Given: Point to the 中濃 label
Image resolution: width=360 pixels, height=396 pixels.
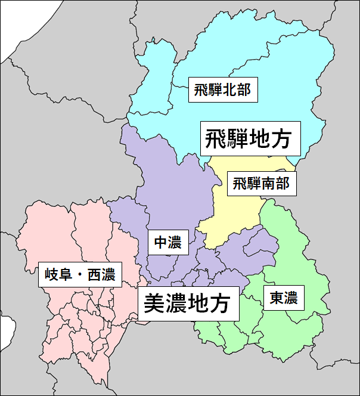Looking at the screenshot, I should tap(167, 243).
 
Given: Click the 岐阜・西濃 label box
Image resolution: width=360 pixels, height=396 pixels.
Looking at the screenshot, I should tap(80, 275).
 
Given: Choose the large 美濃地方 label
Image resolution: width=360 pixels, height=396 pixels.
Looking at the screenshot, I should tap(188, 304).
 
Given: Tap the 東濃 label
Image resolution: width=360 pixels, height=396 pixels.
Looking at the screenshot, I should tap(283, 297).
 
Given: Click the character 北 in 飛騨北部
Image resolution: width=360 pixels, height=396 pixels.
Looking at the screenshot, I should tap(229, 91).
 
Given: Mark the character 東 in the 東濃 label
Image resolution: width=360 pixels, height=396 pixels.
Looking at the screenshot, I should tap(276, 297).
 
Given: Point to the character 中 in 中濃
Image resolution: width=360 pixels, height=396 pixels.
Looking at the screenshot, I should tap(160, 243).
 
